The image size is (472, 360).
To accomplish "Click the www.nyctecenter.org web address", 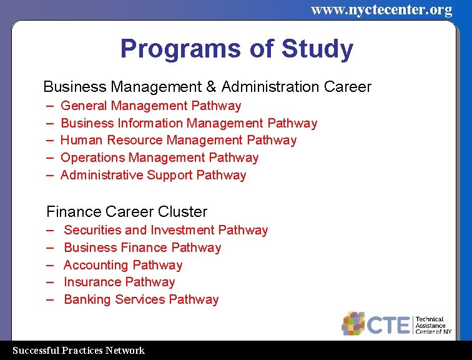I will click(x=381, y=9).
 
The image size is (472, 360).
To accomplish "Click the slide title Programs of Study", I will click(x=236, y=49).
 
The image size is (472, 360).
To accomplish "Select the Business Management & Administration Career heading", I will click(x=207, y=87).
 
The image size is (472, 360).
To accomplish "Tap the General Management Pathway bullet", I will click(x=150, y=106).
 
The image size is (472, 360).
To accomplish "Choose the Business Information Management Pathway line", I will click(x=189, y=123).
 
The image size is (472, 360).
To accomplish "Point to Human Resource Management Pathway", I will click(x=178, y=140).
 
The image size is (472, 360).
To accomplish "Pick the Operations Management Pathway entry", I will click(x=159, y=157).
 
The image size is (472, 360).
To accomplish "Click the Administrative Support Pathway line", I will click(x=153, y=175).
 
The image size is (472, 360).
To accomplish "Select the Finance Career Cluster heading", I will click(x=127, y=212).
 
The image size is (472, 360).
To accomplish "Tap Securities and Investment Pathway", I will click(x=165, y=230).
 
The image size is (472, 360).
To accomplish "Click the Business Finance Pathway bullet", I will click(x=142, y=247).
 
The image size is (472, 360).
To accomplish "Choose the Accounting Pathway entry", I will click(x=123, y=265).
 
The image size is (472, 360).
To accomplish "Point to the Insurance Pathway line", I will click(x=119, y=282).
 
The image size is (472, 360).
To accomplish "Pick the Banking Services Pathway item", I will click(x=141, y=299).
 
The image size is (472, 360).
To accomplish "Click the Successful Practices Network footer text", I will click(x=79, y=351).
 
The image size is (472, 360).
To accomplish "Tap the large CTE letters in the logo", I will click(x=388, y=325).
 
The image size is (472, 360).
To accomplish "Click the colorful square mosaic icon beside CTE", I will click(x=353, y=323).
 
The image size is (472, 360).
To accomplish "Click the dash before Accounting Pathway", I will click(x=50, y=265).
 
